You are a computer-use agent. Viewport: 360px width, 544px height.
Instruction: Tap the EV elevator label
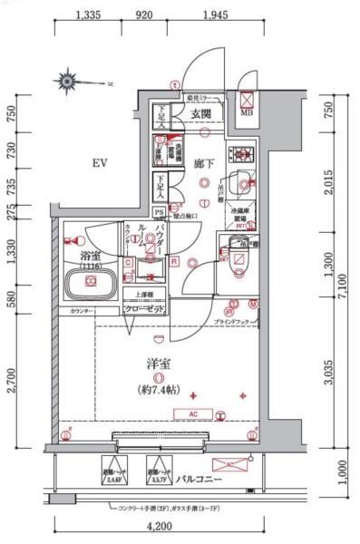pos(100,164)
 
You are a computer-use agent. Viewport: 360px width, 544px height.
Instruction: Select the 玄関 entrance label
pos(200,113)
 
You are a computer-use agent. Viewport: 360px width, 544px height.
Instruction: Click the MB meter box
pos(248,102)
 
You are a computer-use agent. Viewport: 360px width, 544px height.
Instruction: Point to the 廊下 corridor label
pos(203,163)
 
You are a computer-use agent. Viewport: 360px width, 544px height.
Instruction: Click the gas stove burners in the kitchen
pos(241,153)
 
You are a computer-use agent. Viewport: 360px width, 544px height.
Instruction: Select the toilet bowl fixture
pos(238,256)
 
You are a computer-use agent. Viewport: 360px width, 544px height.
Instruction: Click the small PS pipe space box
pos(161,214)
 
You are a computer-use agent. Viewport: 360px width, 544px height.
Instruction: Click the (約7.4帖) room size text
pos(160,391)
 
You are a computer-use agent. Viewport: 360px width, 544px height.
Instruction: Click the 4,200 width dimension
pos(159,525)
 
